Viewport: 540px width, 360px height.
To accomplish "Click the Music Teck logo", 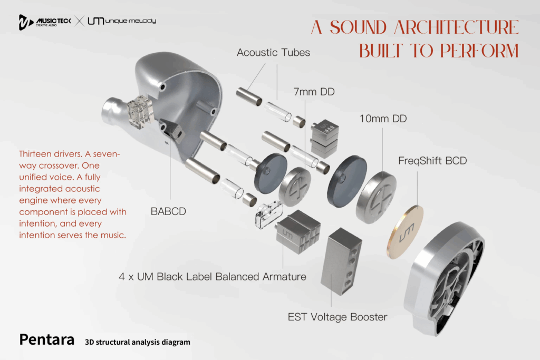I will click(x=44, y=22).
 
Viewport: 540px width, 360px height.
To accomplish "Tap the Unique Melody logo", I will click(x=121, y=22).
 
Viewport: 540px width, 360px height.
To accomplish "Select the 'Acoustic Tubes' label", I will click(x=273, y=52).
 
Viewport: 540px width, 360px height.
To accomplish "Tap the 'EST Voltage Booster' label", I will click(x=337, y=317).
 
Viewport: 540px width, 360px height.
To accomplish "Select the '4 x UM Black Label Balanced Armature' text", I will click(x=213, y=276).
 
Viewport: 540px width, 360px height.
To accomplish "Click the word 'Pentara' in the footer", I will click(x=46, y=339).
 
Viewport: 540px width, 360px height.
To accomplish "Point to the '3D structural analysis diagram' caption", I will click(x=137, y=342).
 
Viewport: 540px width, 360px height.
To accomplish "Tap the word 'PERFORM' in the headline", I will click(x=478, y=51).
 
